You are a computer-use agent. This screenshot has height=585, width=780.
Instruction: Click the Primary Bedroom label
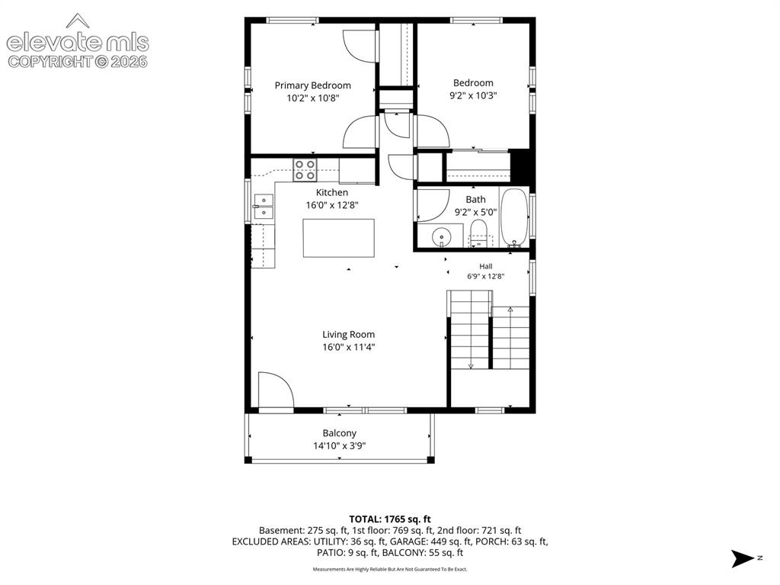pyautogui.click(x=312, y=85)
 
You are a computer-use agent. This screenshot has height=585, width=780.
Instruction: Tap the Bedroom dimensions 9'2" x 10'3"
pyautogui.click(x=473, y=95)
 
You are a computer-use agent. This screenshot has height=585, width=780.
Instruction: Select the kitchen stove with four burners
pyautogui.click(x=305, y=170)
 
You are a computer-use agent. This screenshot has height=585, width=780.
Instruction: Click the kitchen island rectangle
pyautogui.click(x=339, y=238)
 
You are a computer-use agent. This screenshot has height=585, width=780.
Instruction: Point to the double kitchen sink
pyautogui.click(x=264, y=207)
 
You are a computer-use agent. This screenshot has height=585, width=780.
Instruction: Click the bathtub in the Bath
pyautogui.click(x=514, y=217)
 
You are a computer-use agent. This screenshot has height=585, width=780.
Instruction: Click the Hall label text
pyautogui.click(x=486, y=266)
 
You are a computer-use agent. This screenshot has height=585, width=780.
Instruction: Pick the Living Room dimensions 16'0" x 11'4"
pyautogui.click(x=348, y=347)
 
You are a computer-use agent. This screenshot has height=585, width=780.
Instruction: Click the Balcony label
pyautogui.click(x=339, y=433)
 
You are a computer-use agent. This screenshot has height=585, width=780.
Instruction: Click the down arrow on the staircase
pyautogui.click(x=471, y=365)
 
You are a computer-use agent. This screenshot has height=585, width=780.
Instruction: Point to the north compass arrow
pyautogui.click(x=743, y=558)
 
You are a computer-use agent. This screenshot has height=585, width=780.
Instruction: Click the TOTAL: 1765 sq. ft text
pyautogui.click(x=390, y=519)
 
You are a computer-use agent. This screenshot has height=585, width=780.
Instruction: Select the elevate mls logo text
pyautogui.click(x=78, y=43)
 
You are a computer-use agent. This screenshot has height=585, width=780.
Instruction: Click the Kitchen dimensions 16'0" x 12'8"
pyautogui.click(x=332, y=205)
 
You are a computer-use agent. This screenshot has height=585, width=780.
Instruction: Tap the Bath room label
pyautogui.click(x=475, y=199)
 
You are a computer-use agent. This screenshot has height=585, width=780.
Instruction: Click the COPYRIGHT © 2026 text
pyautogui.click(x=78, y=62)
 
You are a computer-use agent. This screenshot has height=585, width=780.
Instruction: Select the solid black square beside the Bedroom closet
pyautogui.click(x=519, y=166)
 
